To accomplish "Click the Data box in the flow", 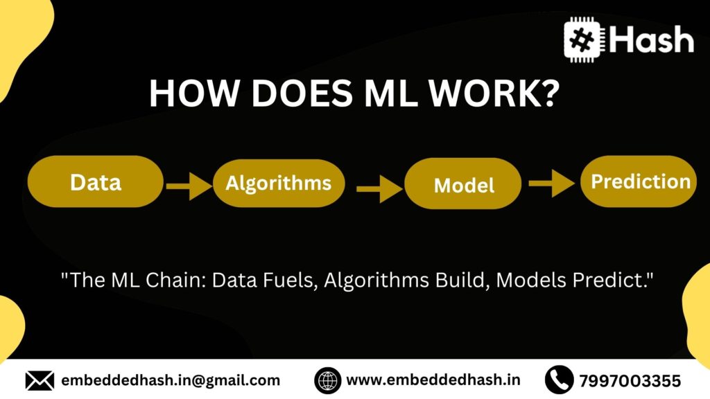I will pyautogui.click(x=96, y=181).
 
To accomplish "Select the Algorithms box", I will pyautogui.click(x=278, y=183).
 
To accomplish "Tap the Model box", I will pyautogui.click(x=464, y=185).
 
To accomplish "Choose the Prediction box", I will pyautogui.click(x=639, y=181).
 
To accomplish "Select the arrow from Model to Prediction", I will pyautogui.click(x=552, y=184).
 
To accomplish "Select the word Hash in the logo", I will pyautogui.click(x=652, y=39).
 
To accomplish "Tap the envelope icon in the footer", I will pyautogui.click(x=40, y=380).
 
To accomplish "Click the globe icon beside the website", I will pyautogui.click(x=327, y=380).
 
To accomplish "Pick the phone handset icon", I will pyautogui.click(x=559, y=380).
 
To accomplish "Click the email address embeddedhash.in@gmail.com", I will pyautogui.click(x=171, y=380).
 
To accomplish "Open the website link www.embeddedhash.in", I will pyautogui.click(x=433, y=380).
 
